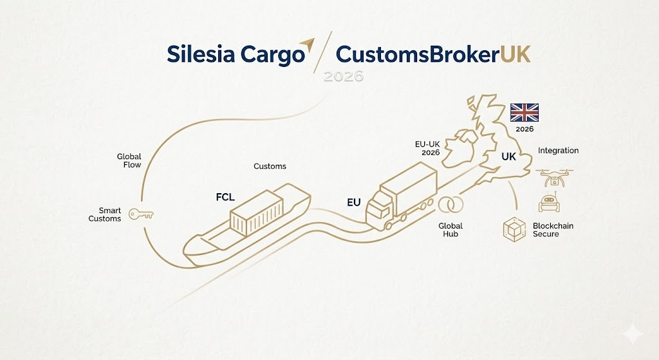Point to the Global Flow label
pyautogui.click(x=129, y=161)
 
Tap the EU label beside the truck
pyautogui.click(x=353, y=202)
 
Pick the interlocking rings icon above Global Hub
pyautogui.click(x=450, y=205)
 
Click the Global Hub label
pyautogui.click(x=450, y=230)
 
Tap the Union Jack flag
pyautogui.click(x=524, y=113)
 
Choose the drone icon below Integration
pyautogui.click(x=553, y=176)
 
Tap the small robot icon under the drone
pyautogui.click(x=549, y=202)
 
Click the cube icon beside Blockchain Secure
pyautogui.click(x=514, y=230)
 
